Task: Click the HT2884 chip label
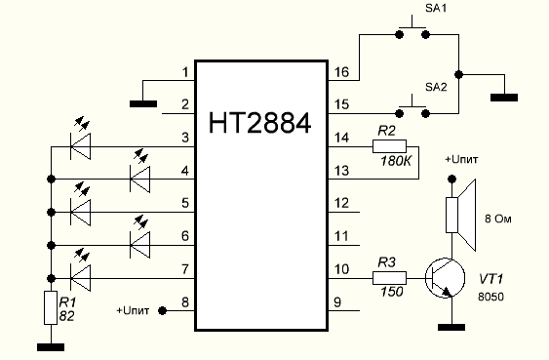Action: [259, 123]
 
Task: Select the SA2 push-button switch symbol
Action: [412, 108]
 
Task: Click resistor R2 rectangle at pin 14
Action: [389, 146]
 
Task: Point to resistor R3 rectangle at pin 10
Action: [389, 278]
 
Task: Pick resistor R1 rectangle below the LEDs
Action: [51, 307]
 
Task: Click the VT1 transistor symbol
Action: [445, 278]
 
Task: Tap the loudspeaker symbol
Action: [461, 215]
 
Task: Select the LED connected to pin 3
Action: [81, 140]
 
